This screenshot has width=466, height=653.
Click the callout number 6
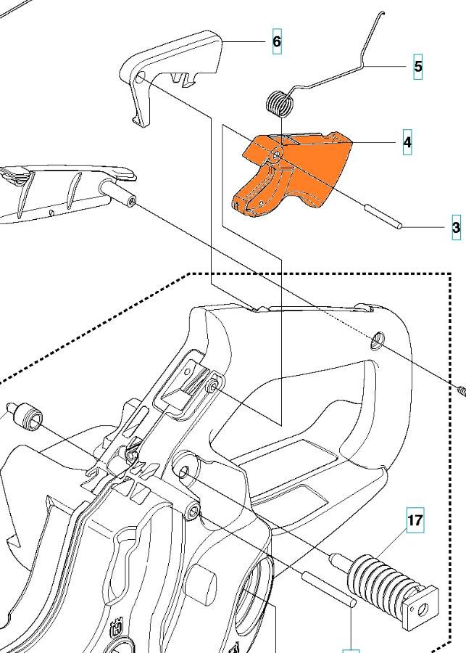tap(277, 41)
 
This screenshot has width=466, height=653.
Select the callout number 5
tap(418, 67)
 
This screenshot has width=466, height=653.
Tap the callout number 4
tap(407, 142)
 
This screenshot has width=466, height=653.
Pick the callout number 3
tap(456, 228)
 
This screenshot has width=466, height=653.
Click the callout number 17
tap(415, 520)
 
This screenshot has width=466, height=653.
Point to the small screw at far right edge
tap(461, 390)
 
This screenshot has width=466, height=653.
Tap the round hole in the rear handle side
tap(378, 340)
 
